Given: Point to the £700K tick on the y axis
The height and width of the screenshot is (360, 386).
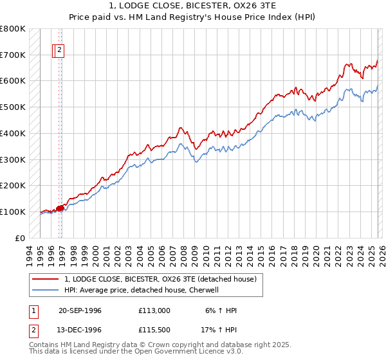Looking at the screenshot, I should [x=13, y=55].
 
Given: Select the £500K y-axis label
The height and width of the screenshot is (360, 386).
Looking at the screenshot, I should [x=13, y=107].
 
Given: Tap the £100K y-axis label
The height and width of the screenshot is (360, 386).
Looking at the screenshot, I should [x=13, y=212].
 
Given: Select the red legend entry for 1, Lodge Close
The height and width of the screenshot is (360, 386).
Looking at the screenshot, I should [x=160, y=279].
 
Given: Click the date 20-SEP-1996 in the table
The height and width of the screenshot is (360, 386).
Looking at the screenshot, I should [x=80, y=310].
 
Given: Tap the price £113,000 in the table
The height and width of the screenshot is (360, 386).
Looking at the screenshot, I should [x=154, y=310].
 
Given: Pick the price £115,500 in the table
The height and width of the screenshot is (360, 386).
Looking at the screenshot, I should [x=154, y=329].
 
